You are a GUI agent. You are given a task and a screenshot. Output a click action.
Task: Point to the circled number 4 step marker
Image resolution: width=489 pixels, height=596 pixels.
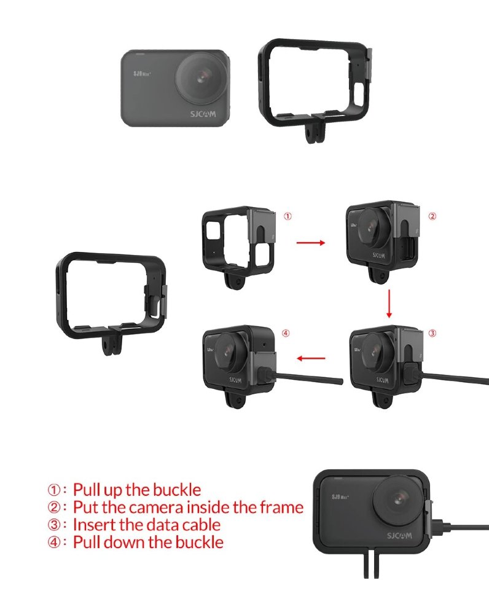285,334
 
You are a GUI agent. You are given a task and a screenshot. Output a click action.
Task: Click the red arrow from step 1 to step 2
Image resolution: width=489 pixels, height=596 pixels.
311,243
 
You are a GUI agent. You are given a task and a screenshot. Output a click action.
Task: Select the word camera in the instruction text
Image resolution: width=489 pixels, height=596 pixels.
168,508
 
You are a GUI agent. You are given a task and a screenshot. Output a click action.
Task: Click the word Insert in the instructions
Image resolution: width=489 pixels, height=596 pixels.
92,525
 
